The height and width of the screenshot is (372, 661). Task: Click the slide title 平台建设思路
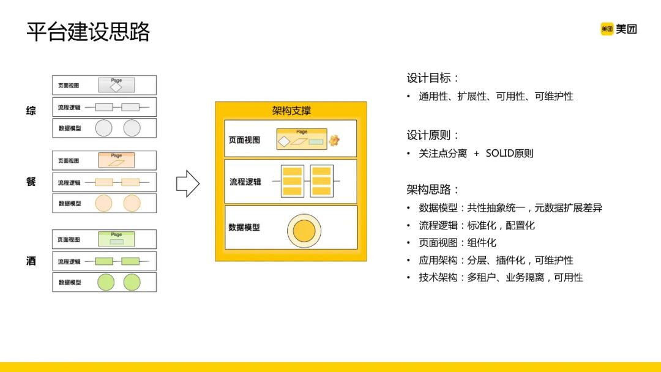tap(88, 32)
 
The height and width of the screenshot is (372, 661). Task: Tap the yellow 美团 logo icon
tap(607, 29)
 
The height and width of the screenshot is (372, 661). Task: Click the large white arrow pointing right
tap(187, 184)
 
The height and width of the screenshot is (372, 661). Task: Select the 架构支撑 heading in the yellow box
tap(291, 110)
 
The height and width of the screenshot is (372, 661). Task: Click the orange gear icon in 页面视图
tap(334, 141)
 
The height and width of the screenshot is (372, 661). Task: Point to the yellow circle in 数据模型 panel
tap(304, 231)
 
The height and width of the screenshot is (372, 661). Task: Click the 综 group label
tap(31, 111)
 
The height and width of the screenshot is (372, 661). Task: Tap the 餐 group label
tap(31, 182)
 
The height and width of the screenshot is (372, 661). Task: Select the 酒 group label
tap(31, 261)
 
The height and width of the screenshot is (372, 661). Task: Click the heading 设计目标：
tap(433, 78)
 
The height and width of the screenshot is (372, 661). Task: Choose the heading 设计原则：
tap(433, 135)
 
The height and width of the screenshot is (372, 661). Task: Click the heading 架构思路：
tap(433, 189)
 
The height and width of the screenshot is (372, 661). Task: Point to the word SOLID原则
tap(509, 154)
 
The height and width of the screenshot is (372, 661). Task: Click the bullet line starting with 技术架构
tap(501, 278)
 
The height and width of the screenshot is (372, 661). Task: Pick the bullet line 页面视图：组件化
tap(457, 243)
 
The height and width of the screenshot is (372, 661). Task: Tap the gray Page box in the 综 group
tap(116, 84)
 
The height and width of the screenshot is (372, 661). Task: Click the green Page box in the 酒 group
tap(116, 239)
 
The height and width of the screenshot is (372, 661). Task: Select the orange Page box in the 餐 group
tap(116, 160)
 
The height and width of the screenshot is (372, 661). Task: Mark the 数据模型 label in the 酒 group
tap(69, 282)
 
